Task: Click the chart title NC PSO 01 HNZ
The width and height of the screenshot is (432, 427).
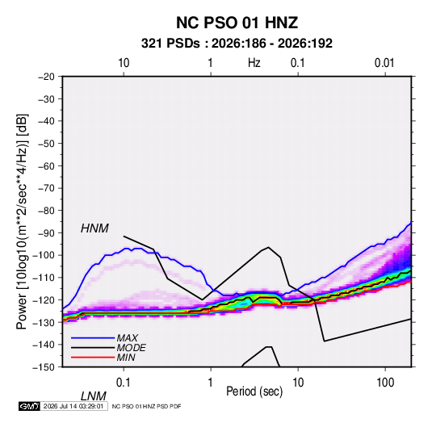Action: click(237, 23)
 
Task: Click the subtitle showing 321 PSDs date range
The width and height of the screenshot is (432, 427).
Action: click(237, 44)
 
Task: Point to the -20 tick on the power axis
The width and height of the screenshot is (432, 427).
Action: click(46, 77)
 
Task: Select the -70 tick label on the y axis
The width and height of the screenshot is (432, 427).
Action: click(46, 188)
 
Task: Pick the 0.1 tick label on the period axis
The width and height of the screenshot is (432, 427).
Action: click(124, 383)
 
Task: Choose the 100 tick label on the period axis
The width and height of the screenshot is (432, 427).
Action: click(385, 383)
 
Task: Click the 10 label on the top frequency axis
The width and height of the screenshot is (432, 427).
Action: click(124, 63)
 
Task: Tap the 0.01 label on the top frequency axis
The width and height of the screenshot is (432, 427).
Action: click(384, 63)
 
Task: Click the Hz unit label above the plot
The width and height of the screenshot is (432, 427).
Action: click(254, 63)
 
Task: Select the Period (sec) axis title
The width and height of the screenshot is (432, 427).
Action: click(254, 391)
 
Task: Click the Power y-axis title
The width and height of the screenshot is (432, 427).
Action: click(22, 222)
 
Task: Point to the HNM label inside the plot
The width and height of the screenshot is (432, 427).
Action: click(94, 228)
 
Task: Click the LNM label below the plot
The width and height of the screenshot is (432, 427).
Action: click(94, 396)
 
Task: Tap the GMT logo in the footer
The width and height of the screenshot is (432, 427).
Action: click(29, 406)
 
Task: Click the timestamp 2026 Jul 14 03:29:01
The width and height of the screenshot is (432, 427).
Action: click(73, 406)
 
